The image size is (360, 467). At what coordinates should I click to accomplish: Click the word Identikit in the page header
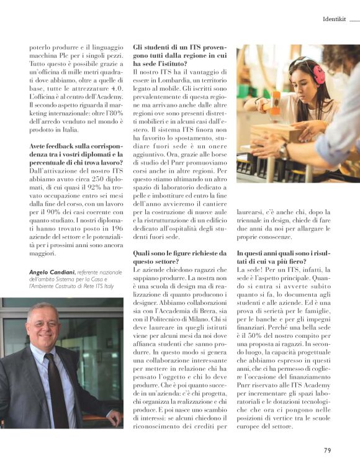click(x=333, y=19)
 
